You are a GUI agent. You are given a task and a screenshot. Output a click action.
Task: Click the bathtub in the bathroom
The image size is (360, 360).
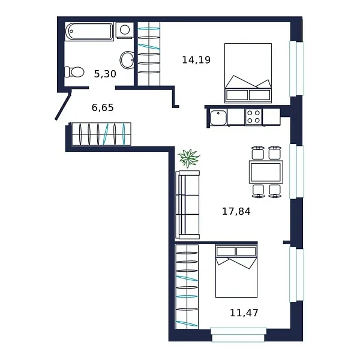[89, 31]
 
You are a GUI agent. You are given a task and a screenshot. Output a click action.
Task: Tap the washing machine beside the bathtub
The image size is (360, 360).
[124, 30]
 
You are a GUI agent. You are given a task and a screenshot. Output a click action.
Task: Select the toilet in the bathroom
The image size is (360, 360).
[75, 72]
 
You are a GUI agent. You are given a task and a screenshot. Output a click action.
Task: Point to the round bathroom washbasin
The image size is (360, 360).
[127, 59]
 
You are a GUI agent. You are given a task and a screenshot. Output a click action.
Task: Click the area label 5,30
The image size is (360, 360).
[105, 74]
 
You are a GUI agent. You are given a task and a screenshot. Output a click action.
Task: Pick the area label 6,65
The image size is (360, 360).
[103, 108]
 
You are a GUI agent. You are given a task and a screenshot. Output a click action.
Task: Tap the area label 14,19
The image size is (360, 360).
[196, 60]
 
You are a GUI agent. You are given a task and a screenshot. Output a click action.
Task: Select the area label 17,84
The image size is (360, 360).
[236, 211]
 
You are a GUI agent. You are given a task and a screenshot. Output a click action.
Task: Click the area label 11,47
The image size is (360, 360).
[244, 313]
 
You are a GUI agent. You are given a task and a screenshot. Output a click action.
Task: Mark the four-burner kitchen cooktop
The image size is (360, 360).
[253, 116]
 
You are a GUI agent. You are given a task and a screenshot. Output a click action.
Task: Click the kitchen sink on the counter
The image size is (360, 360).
[218, 117]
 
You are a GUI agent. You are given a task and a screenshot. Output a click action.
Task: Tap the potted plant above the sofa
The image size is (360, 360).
[189, 158]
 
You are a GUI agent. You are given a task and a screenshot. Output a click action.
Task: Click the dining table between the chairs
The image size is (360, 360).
[266, 172]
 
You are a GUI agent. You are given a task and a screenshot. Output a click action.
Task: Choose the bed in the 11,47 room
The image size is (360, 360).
[236, 271]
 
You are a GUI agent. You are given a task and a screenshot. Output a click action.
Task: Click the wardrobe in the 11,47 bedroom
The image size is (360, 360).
[187, 286]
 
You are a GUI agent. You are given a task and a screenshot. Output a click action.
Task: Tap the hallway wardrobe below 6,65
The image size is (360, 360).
[101, 134]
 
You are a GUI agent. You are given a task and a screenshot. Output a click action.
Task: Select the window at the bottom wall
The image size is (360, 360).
[238, 334]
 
